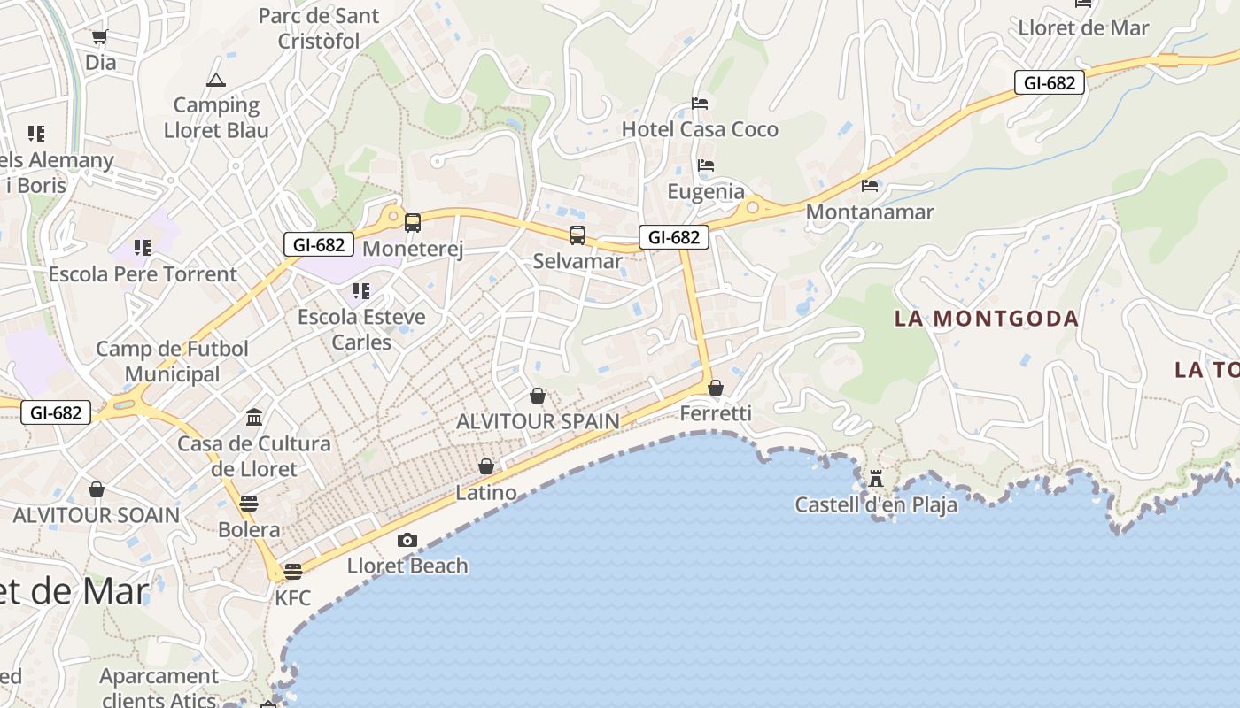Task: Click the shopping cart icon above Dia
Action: [99, 37]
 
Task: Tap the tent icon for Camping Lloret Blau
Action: [216, 81]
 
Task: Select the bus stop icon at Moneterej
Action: [413, 223]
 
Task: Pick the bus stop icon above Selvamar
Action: [577, 235]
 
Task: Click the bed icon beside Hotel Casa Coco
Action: [700, 104]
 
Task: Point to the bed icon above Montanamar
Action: [870, 186]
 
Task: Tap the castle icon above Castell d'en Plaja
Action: [876, 479]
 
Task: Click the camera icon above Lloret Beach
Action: [407, 540]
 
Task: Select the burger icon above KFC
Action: [293, 572]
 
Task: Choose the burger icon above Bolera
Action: [249, 504]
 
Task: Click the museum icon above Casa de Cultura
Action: [254, 417]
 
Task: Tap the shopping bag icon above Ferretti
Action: [716, 388]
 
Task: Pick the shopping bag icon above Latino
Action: [486, 466]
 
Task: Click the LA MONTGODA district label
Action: [987, 319]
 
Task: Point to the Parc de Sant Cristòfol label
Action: [319, 28]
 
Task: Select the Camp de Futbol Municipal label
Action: [172, 361]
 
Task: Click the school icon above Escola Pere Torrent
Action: [143, 247]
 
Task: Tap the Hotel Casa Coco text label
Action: [700, 129]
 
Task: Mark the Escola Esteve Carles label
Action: [361, 329]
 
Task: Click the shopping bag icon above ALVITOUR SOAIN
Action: [97, 489]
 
